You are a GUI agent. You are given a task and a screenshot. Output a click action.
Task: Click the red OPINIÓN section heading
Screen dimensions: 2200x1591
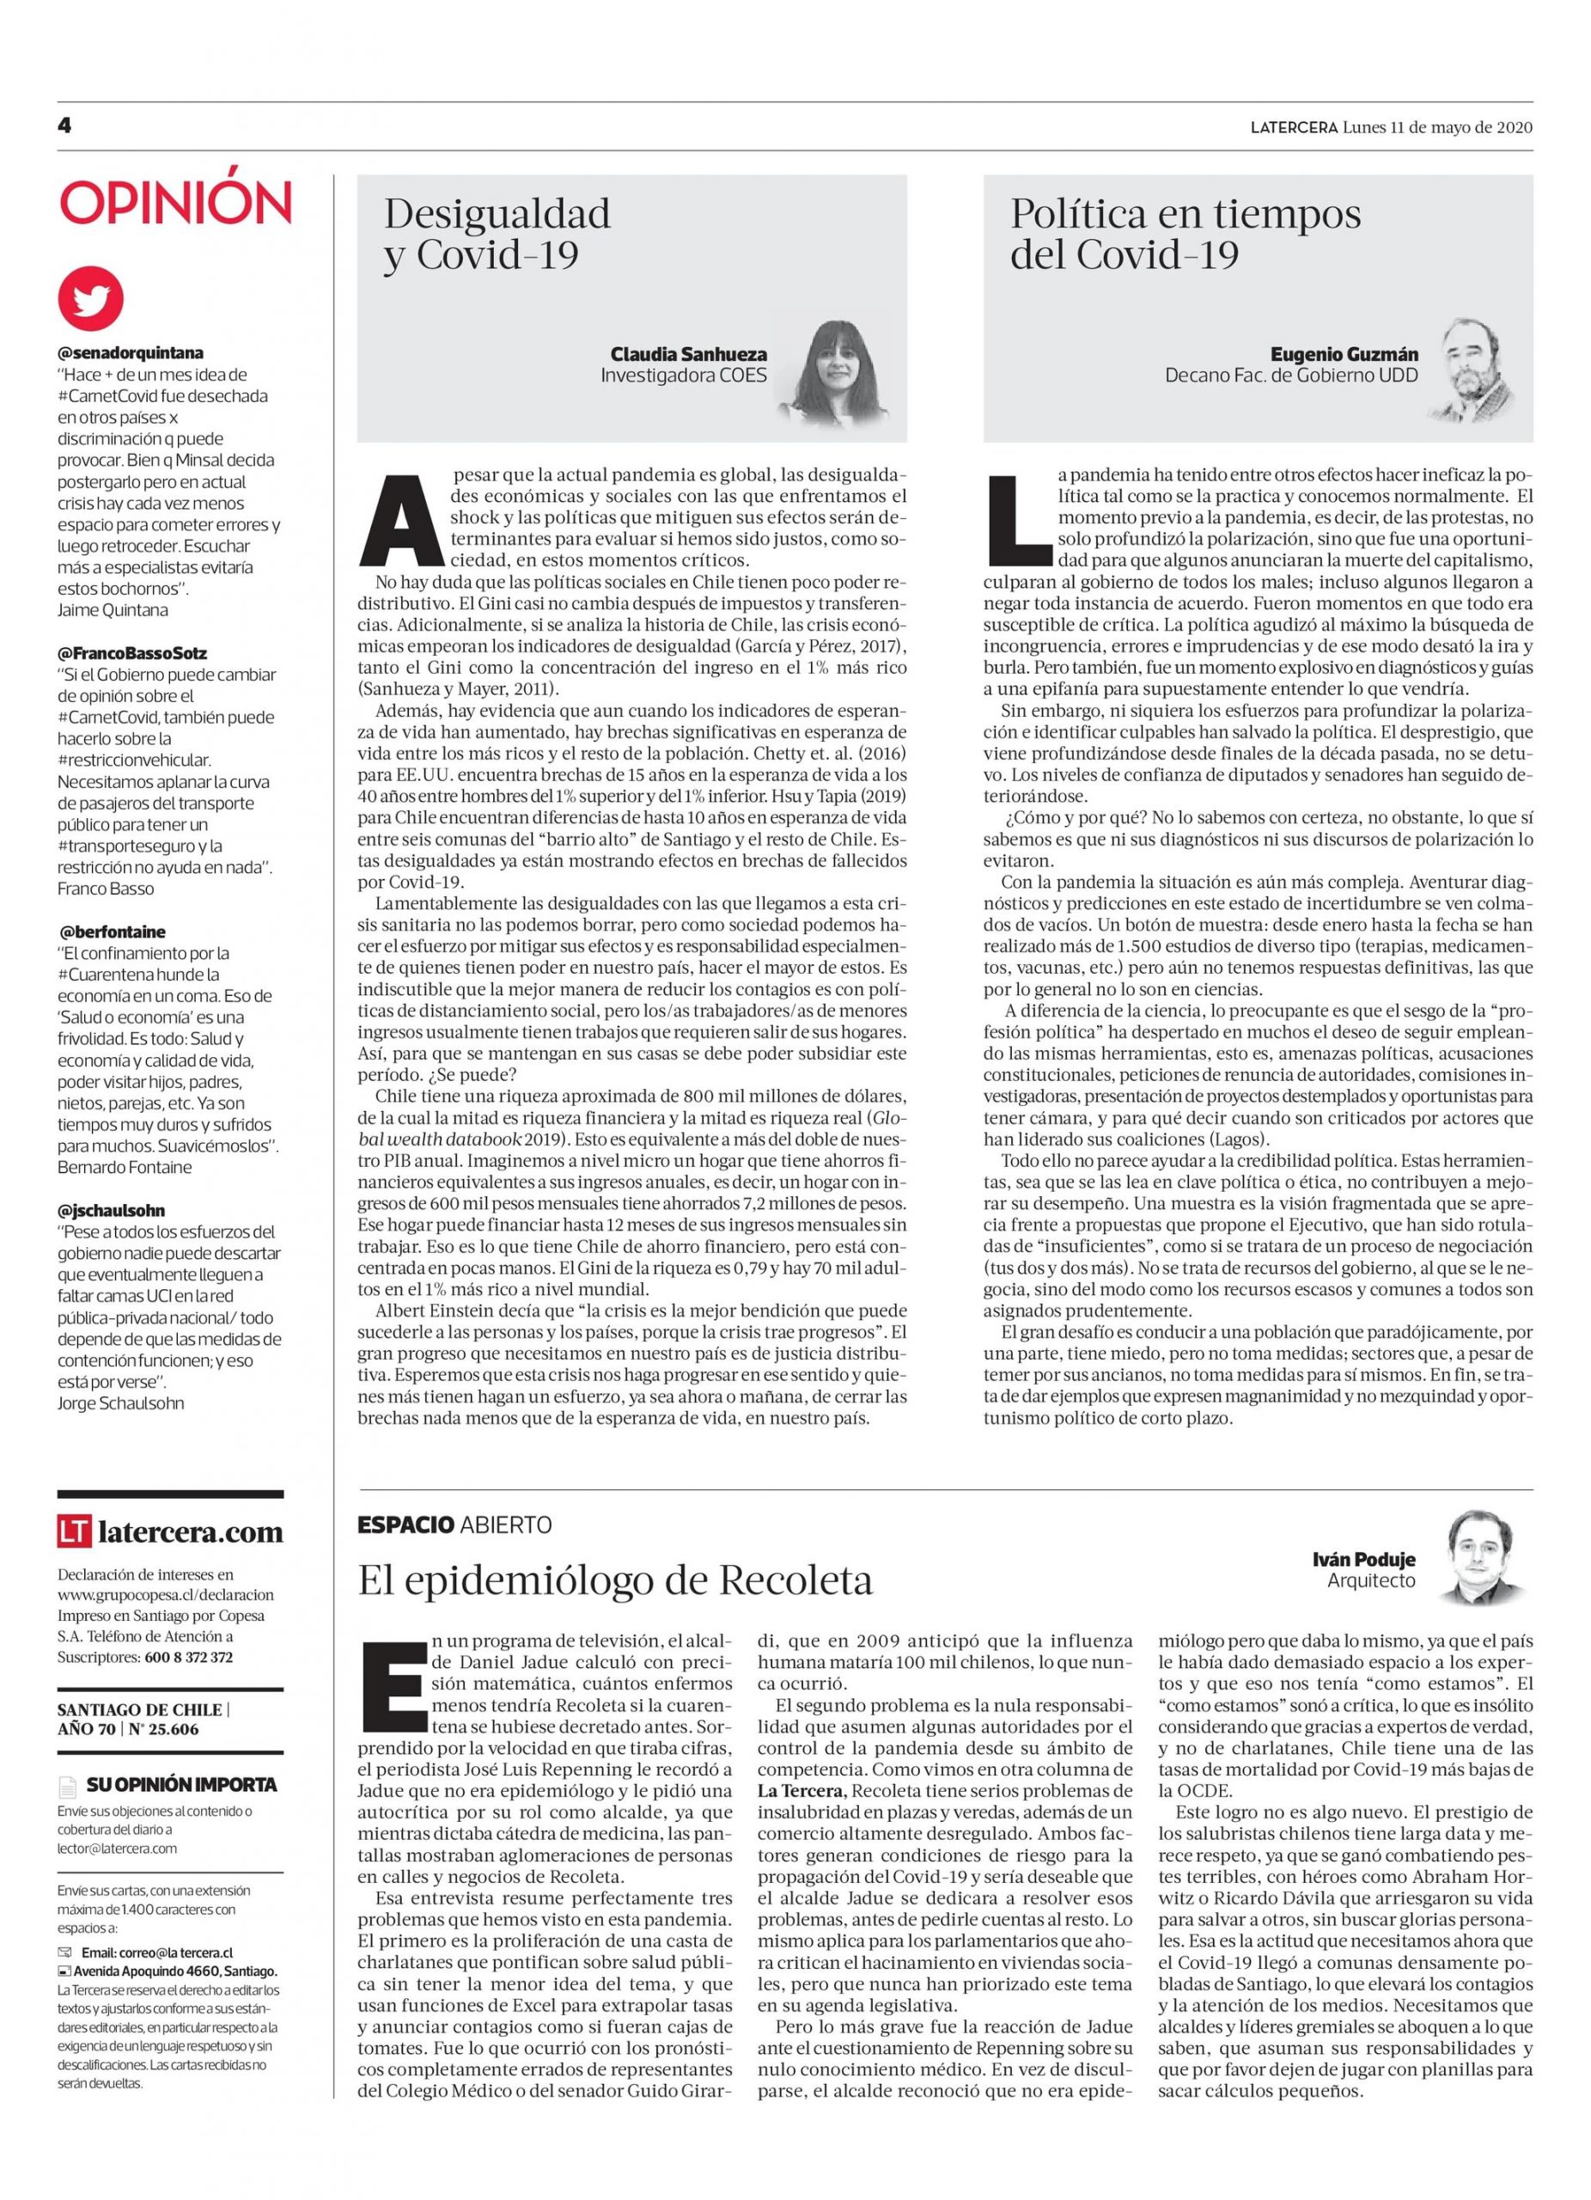[175, 203]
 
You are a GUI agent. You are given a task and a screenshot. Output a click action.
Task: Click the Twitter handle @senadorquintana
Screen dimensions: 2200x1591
[130, 353]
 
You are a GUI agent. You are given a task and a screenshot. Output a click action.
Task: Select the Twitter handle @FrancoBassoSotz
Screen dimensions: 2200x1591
[131, 653]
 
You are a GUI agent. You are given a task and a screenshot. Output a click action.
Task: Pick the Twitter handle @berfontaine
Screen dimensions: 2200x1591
[112, 932]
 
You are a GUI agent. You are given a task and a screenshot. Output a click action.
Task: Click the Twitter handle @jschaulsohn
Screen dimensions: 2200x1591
[112, 1210]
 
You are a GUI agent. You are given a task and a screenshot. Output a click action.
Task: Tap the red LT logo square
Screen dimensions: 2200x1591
[75, 1531]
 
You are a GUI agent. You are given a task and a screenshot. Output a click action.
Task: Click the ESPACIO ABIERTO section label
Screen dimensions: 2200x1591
[454, 1524]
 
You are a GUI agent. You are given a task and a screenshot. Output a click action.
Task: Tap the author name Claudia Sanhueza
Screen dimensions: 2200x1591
[687, 354]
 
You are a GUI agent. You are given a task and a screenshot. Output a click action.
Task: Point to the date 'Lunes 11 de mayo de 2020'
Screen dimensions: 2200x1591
[1437, 127]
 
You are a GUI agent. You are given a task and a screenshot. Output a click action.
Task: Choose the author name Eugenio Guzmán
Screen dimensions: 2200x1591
[1344, 354]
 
